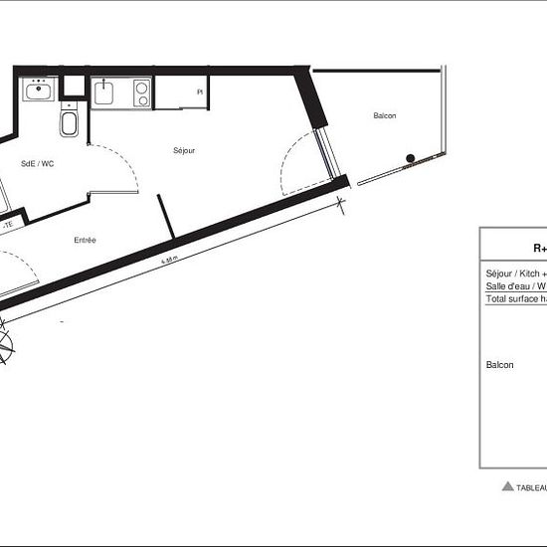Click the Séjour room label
pos(184,150)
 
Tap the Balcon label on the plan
pos(385,116)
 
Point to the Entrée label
pos(85,241)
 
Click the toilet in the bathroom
pos(70,124)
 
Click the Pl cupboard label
pos(200,91)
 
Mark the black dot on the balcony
pos(410,157)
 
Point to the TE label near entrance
pos(8,225)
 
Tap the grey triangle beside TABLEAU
pos(507,487)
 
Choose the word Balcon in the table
pos(499,366)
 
